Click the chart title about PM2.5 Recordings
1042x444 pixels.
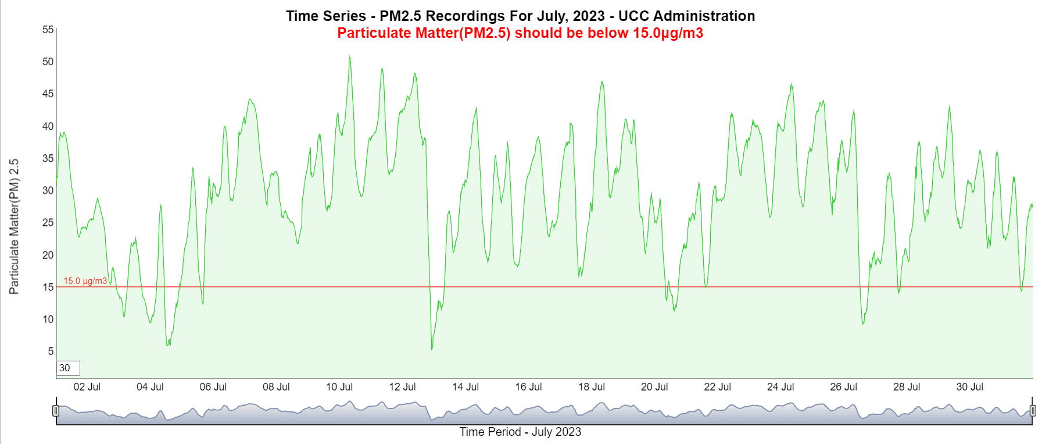[x=520, y=16]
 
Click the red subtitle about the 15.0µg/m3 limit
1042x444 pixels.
[x=520, y=33]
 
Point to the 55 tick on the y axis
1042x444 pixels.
[x=48, y=30]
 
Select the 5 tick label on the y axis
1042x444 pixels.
[x=51, y=351]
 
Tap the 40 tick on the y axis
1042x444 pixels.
[x=48, y=126]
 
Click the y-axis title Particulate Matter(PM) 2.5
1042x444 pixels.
[x=14, y=226]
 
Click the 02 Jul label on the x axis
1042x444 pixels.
[x=87, y=387]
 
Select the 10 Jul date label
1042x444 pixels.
[x=339, y=387]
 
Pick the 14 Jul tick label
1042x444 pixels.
[x=466, y=387]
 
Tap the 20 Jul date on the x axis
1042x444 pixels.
[x=654, y=387]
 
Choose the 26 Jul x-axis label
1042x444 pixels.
[x=843, y=387]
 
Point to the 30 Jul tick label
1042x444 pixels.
[x=969, y=387]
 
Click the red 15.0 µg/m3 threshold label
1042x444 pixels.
[x=85, y=281]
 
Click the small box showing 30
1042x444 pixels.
[x=68, y=368]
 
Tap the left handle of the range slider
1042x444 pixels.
[x=56, y=411]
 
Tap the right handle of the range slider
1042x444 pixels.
[x=1033, y=411]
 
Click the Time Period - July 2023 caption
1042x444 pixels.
[x=520, y=432]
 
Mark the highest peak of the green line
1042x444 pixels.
[x=349, y=56]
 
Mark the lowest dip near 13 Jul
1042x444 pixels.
[x=432, y=349]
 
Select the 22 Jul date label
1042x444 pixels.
[x=717, y=387]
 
